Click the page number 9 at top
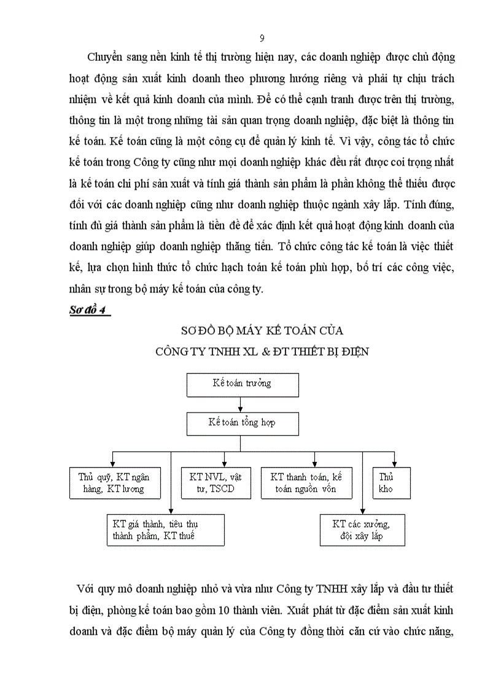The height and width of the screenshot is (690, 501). [262, 38]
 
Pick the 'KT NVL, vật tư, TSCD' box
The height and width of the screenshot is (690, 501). [212, 483]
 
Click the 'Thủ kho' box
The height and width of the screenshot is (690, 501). [391, 483]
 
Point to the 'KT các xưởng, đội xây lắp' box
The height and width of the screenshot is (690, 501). [362, 530]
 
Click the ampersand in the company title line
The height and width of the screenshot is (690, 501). [271, 352]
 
